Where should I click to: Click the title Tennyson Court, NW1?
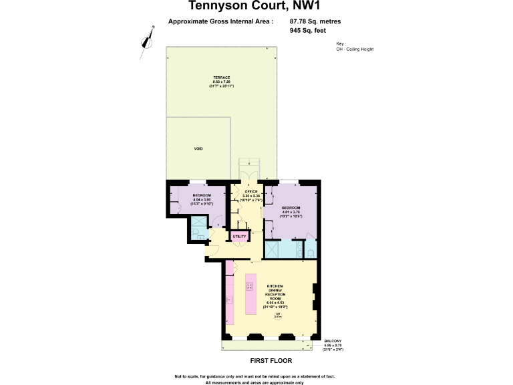(x=256, y=7)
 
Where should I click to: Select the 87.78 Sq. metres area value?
(x=316, y=21)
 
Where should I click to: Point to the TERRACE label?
(x=222, y=78)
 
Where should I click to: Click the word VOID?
(x=198, y=148)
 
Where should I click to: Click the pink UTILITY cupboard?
(x=239, y=236)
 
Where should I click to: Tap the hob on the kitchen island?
(x=250, y=287)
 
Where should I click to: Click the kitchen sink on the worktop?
(x=228, y=300)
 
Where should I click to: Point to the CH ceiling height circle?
(x=279, y=317)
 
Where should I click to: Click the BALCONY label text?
(x=333, y=342)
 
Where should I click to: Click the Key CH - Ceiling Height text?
(x=355, y=48)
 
